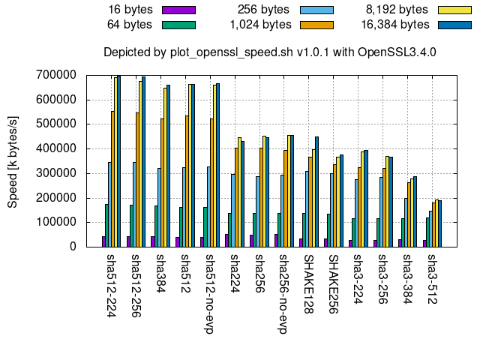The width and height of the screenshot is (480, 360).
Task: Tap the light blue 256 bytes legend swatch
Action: point(317,10)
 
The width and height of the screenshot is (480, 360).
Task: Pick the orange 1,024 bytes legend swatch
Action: point(317,24)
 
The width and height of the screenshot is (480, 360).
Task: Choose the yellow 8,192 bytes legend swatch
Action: point(455,10)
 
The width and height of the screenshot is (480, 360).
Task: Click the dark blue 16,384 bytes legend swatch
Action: point(455,24)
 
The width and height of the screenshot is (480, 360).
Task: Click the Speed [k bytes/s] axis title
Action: point(12,161)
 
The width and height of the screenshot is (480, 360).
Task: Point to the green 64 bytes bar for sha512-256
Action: point(132,225)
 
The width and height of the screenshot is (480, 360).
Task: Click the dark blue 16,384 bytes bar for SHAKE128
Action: point(316,191)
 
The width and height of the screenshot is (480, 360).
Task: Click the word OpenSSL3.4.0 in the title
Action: point(400,52)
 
